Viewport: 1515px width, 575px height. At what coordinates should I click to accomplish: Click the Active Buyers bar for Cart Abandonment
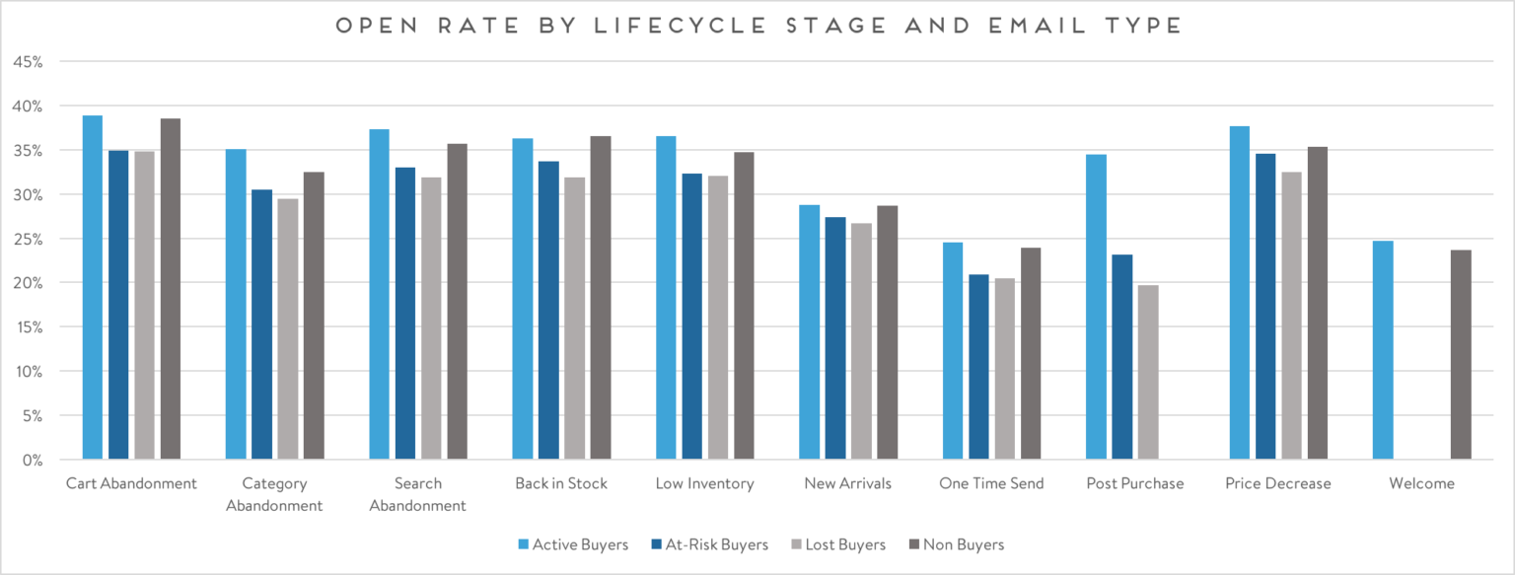pyautogui.click(x=92, y=287)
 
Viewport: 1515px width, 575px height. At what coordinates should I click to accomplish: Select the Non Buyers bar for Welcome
pyautogui.click(x=1461, y=355)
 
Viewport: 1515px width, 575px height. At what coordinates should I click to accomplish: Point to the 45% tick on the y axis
pyautogui.click(x=29, y=62)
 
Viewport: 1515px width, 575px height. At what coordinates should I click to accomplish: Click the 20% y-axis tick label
pyautogui.click(x=29, y=283)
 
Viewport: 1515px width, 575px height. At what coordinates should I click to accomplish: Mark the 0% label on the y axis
pyautogui.click(x=33, y=460)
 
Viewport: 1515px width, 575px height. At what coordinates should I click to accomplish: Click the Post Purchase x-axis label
pyautogui.click(x=1134, y=483)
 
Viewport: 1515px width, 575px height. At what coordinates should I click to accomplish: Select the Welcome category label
pyautogui.click(x=1421, y=483)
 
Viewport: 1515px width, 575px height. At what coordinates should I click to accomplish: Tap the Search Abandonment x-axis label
pyautogui.click(x=417, y=494)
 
